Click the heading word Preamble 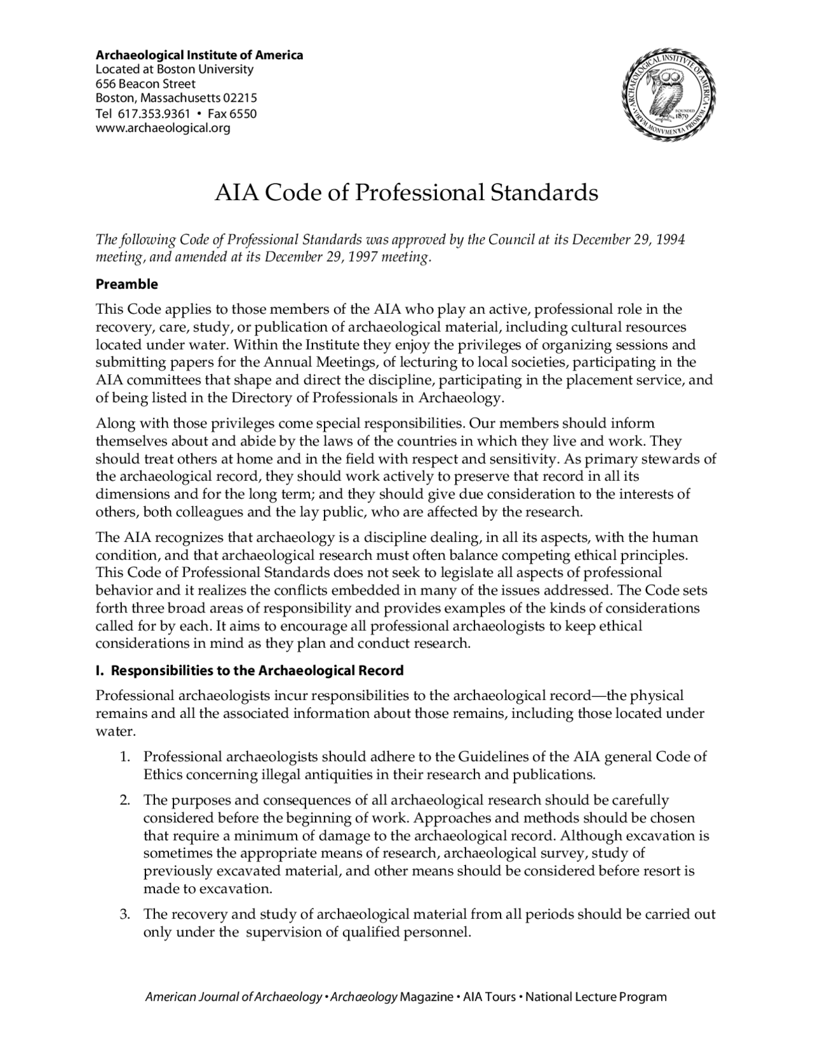point(126,285)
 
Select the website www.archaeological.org point(163,128)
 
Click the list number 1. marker point(125,757)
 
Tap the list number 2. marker point(125,800)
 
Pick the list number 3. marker point(125,915)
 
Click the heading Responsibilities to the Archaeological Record point(257,671)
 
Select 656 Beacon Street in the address point(145,84)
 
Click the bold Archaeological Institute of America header point(199,55)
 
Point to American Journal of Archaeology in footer point(233,997)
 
